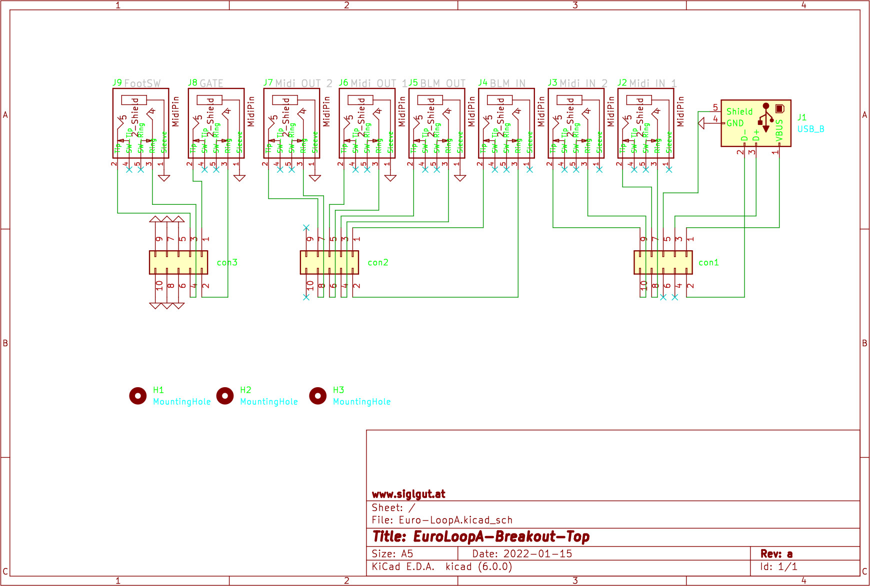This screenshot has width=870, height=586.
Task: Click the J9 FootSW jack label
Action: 136,83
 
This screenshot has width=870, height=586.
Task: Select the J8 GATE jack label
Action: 205,83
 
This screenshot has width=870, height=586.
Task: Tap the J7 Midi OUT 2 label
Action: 297,83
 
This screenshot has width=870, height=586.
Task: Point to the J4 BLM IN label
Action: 502,83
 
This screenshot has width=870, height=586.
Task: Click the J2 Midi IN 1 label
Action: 647,83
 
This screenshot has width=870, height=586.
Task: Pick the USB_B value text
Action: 810,129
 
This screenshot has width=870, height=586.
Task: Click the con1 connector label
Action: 708,262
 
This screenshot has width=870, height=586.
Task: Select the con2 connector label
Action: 377,262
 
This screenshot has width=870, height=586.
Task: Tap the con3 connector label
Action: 227,262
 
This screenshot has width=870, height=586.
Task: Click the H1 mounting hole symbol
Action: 137,396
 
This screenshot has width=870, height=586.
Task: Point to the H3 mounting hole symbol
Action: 317,396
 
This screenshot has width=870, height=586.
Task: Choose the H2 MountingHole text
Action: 268,402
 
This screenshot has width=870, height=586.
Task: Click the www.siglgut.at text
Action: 408,494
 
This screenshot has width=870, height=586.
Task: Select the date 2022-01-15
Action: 537,554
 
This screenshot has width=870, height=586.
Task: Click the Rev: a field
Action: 776,554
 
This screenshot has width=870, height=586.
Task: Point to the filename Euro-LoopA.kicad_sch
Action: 455,520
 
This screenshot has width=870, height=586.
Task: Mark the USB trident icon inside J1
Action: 765,117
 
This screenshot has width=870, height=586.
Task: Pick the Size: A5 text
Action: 392,554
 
